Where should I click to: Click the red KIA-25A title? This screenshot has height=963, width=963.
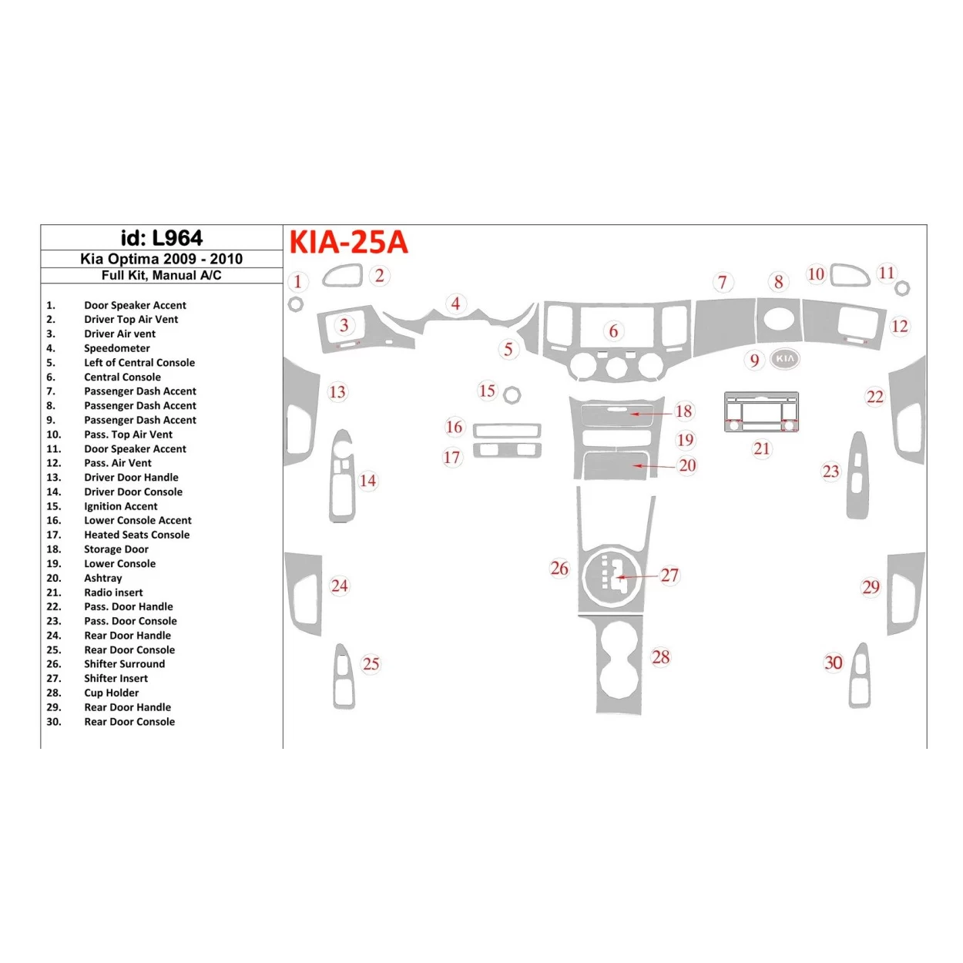point(348,242)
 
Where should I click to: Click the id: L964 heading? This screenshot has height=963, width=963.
point(162,238)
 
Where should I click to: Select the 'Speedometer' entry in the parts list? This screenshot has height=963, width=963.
point(117,348)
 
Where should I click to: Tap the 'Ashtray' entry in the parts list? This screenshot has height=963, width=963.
point(103,578)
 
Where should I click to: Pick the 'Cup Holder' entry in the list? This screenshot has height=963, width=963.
point(112,693)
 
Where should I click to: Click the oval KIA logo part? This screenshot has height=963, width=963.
point(784,358)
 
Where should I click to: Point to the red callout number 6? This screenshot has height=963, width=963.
point(613,331)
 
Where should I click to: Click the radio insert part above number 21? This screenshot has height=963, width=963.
point(761,412)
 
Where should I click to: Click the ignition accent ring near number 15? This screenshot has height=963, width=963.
point(512,395)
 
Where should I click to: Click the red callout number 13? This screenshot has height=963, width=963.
point(337,392)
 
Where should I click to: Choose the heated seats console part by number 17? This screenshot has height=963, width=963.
point(507,451)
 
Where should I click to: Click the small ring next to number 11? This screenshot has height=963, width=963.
point(903,288)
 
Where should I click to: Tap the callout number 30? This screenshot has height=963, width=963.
point(834,663)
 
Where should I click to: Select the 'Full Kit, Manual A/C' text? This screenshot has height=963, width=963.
point(162,275)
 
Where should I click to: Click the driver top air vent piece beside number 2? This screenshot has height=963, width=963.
point(343,276)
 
